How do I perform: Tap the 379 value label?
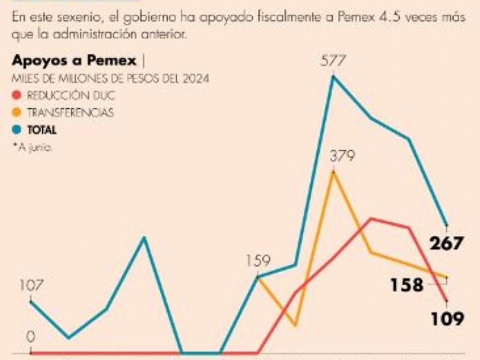343,157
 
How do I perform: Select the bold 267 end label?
446,244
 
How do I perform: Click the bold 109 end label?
447,318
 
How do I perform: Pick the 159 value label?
258,261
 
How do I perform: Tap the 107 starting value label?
31,286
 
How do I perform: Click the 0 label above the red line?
31,337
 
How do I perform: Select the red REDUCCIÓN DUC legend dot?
17,95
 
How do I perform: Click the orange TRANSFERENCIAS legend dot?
17,112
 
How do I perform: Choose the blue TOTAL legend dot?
17,129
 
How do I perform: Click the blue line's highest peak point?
334,77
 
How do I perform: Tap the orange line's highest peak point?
334,172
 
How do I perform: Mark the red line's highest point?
372,218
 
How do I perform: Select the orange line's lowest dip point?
296,325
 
